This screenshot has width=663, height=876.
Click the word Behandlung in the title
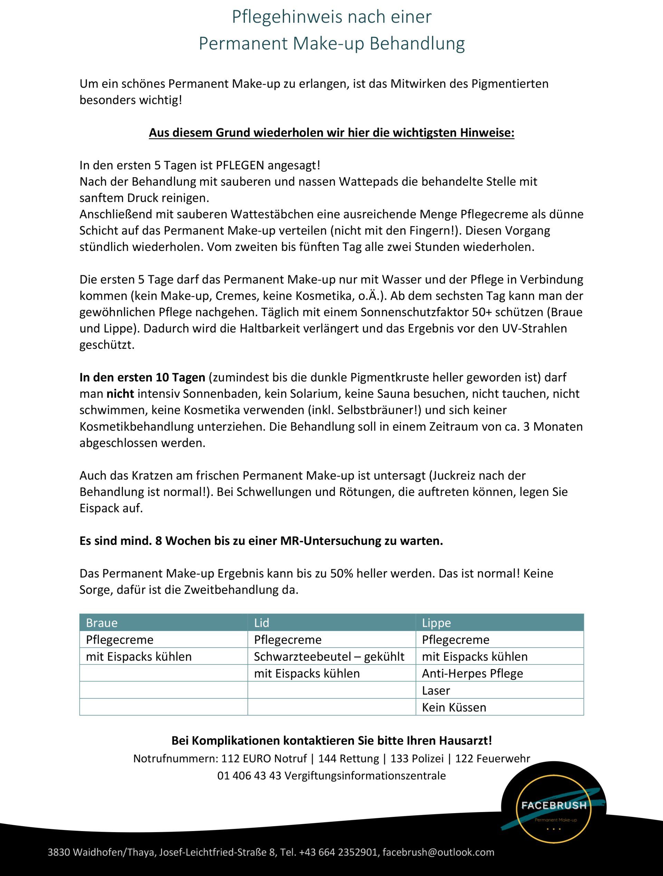[x=417, y=44]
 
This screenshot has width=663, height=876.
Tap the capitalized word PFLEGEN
[x=240, y=165]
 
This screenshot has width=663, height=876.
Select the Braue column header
[x=102, y=623]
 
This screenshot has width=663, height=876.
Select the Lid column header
[x=261, y=623]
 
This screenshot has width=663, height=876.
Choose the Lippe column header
[x=436, y=623]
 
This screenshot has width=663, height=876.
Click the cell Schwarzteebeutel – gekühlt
[x=329, y=657]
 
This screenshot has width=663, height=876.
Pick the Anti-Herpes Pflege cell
[x=472, y=673]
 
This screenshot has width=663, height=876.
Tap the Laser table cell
[x=436, y=690]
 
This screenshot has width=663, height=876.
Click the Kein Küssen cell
[x=454, y=707]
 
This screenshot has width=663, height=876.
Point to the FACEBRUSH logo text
[x=554, y=805]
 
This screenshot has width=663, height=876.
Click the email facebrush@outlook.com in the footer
[x=438, y=852]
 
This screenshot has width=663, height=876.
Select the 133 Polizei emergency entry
[x=417, y=759]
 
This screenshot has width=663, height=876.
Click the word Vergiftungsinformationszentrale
[x=365, y=775]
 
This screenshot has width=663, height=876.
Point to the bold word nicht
[x=120, y=394]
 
